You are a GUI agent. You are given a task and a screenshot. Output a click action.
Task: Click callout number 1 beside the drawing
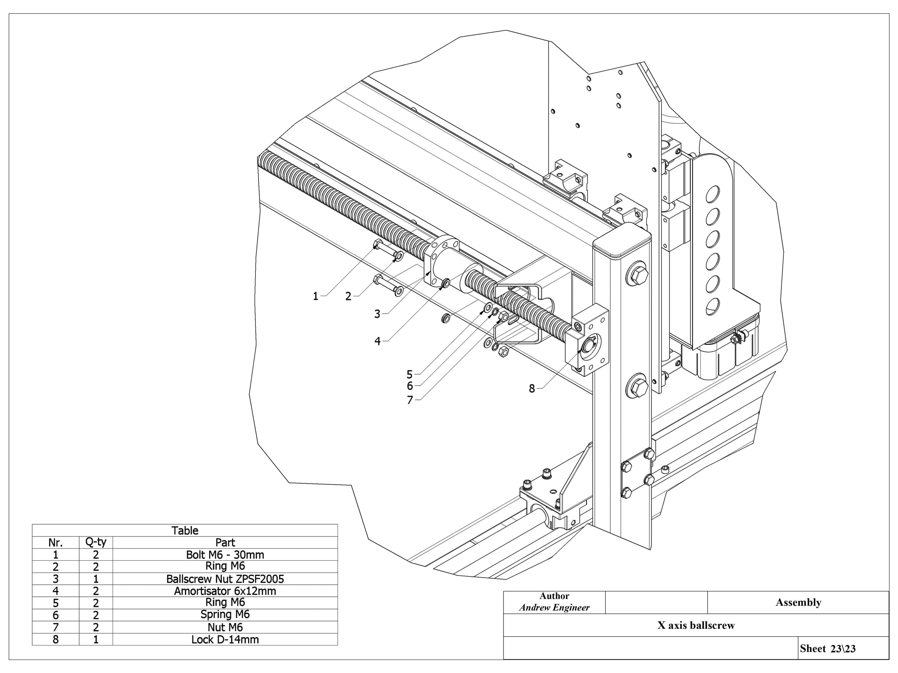click(x=315, y=297)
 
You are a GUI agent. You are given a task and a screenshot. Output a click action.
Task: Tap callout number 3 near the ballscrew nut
click(x=377, y=314)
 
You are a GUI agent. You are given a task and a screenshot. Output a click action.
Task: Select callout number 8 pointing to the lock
click(x=532, y=389)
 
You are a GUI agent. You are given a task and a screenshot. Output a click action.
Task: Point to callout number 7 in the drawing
click(x=410, y=400)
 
